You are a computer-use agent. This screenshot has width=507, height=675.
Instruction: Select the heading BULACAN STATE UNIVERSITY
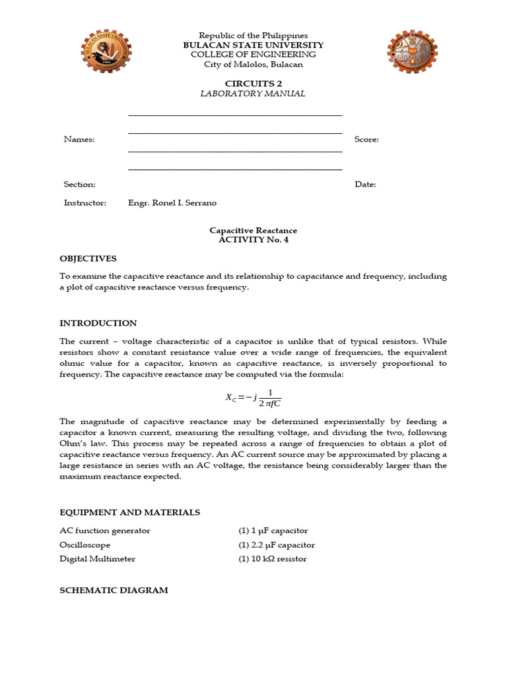253,45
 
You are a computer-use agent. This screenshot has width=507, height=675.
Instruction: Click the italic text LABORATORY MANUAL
253,94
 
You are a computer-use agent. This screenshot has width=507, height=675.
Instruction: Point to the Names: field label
79,140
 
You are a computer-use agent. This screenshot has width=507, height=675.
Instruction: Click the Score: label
366,140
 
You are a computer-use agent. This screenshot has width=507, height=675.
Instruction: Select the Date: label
365,185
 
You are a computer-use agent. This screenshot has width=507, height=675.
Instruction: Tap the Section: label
80,185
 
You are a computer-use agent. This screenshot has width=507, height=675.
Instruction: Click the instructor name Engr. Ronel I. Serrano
172,203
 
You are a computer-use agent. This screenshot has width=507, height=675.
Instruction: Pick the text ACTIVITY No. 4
253,240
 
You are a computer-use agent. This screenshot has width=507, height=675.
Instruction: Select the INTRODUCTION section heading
98,323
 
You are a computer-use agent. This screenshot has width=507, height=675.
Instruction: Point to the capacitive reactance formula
253,398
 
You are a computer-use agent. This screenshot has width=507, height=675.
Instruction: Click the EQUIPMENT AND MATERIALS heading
129,512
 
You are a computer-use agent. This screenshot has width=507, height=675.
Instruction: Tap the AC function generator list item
105,531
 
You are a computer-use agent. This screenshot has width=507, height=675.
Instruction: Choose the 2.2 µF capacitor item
277,545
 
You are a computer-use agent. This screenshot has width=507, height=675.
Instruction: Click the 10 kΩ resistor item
273,559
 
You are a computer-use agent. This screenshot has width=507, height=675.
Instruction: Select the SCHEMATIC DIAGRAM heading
114,590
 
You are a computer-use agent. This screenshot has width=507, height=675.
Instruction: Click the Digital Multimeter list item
97,559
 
